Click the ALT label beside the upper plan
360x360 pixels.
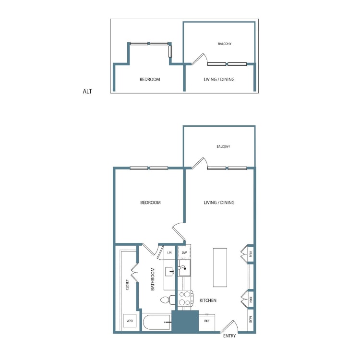tap(87, 91)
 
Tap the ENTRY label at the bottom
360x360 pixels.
tap(229, 336)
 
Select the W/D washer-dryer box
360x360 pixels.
tap(130, 321)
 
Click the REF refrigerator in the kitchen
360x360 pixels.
tap(207, 323)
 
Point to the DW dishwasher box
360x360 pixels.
tap(184, 252)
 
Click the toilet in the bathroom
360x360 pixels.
tap(168, 300)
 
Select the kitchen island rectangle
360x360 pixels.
tap(220, 267)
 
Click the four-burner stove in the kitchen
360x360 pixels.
tap(185, 298)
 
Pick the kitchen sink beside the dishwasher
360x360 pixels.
tap(185, 268)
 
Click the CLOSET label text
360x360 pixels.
tap(127, 285)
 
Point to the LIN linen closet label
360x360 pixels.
tap(169, 252)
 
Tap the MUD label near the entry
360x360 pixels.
tap(251, 320)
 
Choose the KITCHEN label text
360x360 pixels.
tap(208, 300)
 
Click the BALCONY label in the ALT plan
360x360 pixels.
tap(225, 44)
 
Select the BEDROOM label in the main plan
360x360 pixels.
tap(150, 203)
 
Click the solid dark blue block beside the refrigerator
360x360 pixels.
tap(185, 321)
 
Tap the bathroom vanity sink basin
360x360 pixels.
tap(169, 272)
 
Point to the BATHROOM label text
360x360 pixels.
tap(153, 279)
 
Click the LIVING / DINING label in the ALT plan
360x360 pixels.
tap(219, 79)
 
